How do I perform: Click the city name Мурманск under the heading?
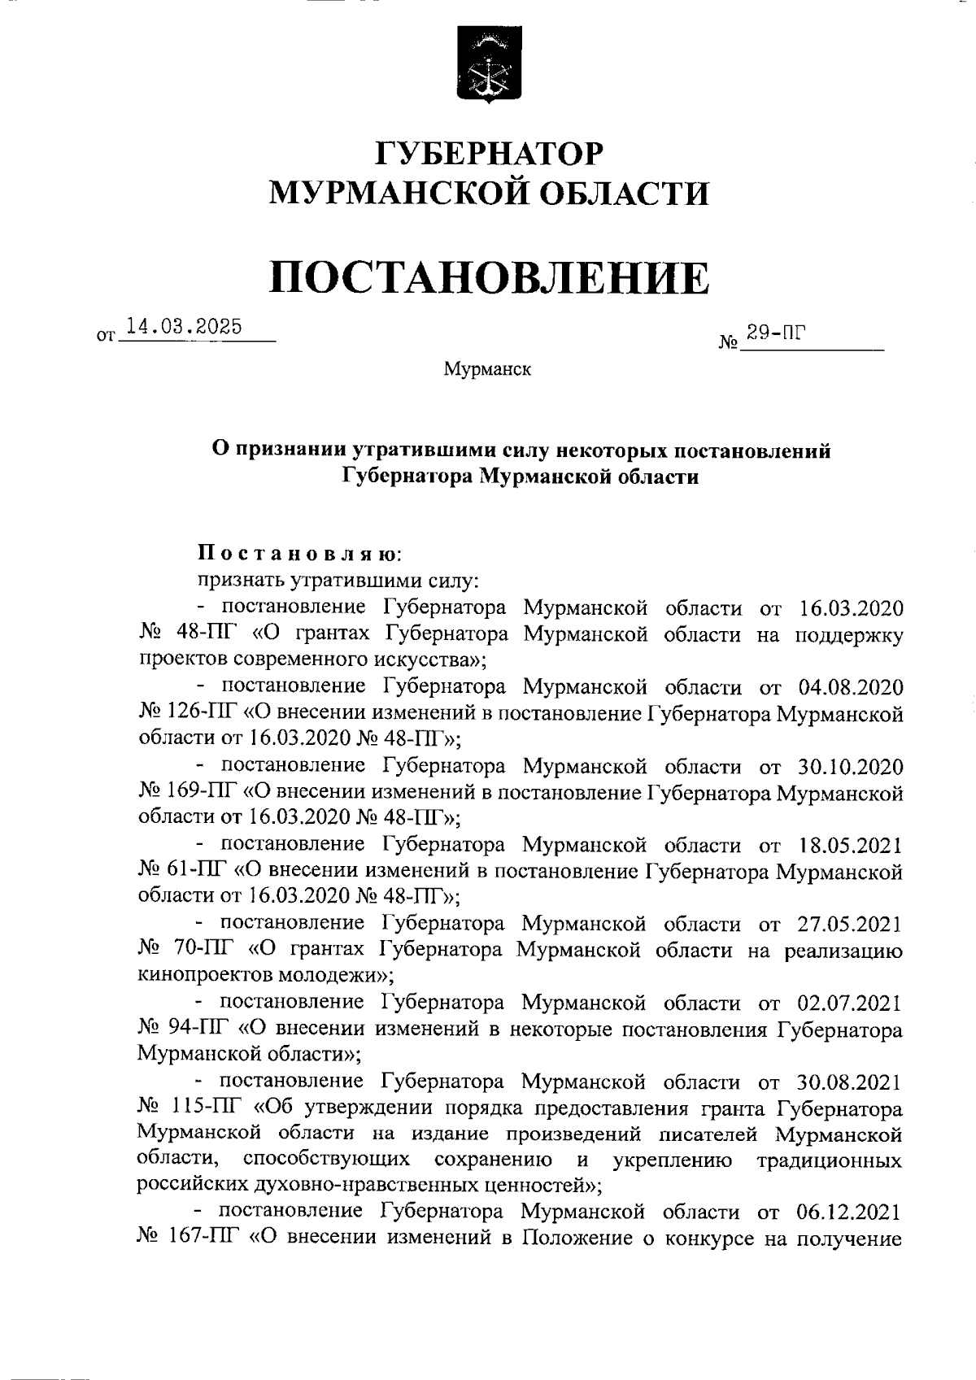(488, 370)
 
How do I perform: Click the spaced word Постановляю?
(299, 555)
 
